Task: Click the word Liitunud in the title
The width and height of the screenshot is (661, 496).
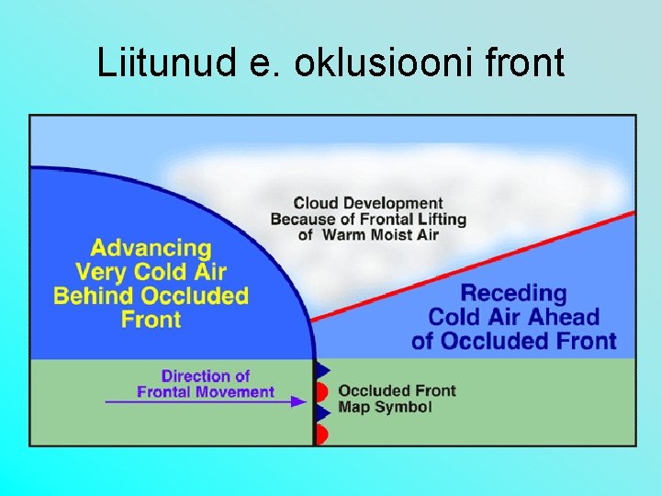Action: [x=153, y=64]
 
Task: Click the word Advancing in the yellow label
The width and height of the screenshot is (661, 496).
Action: [x=151, y=248]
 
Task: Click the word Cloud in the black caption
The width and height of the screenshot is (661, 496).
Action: [x=315, y=203]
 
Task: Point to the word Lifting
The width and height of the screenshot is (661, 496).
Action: [x=442, y=220]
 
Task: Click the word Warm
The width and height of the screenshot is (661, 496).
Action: [x=345, y=235]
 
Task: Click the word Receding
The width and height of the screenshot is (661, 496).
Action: [x=513, y=294]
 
